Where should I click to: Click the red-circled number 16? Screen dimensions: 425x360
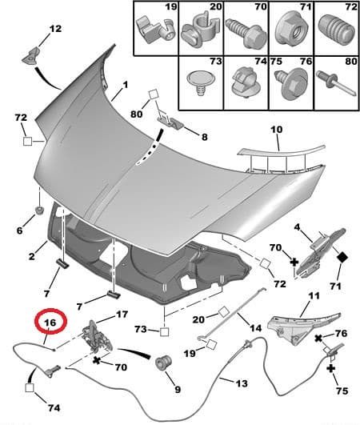[x=50, y=324]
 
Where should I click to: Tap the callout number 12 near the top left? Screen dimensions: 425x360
[x=54, y=30]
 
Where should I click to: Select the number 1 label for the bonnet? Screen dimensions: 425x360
[x=125, y=85]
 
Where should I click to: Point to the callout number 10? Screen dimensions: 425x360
[x=276, y=129]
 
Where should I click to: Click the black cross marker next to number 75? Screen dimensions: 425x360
[x=330, y=368]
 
